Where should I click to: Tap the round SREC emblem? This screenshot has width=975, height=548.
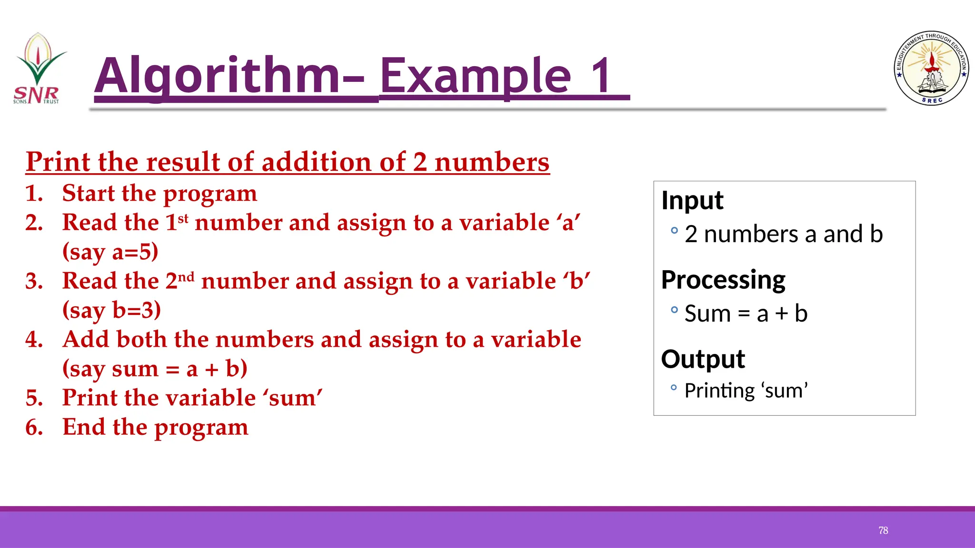coord(931,68)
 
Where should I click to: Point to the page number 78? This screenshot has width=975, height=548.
coord(883,530)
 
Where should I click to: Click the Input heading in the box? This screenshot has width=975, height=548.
coord(692,200)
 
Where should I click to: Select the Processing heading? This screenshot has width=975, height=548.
coord(723,280)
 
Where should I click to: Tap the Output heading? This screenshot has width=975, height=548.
coord(703,359)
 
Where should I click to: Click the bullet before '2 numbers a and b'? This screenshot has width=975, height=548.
coord(674,231)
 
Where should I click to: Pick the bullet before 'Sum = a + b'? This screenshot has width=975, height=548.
coord(674,310)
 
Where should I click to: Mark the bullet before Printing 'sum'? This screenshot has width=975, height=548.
coord(674,388)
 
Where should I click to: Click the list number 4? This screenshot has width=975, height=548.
coord(34,340)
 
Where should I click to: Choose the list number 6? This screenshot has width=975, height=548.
coord(34,427)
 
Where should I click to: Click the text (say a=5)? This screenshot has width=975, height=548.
coord(110,252)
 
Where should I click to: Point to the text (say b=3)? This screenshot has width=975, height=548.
coord(112,310)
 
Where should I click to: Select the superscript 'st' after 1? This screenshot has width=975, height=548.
coord(183,219)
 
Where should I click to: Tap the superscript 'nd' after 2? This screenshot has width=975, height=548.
coord(187,277)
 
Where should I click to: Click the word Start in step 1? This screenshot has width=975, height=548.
coord(89,193)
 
